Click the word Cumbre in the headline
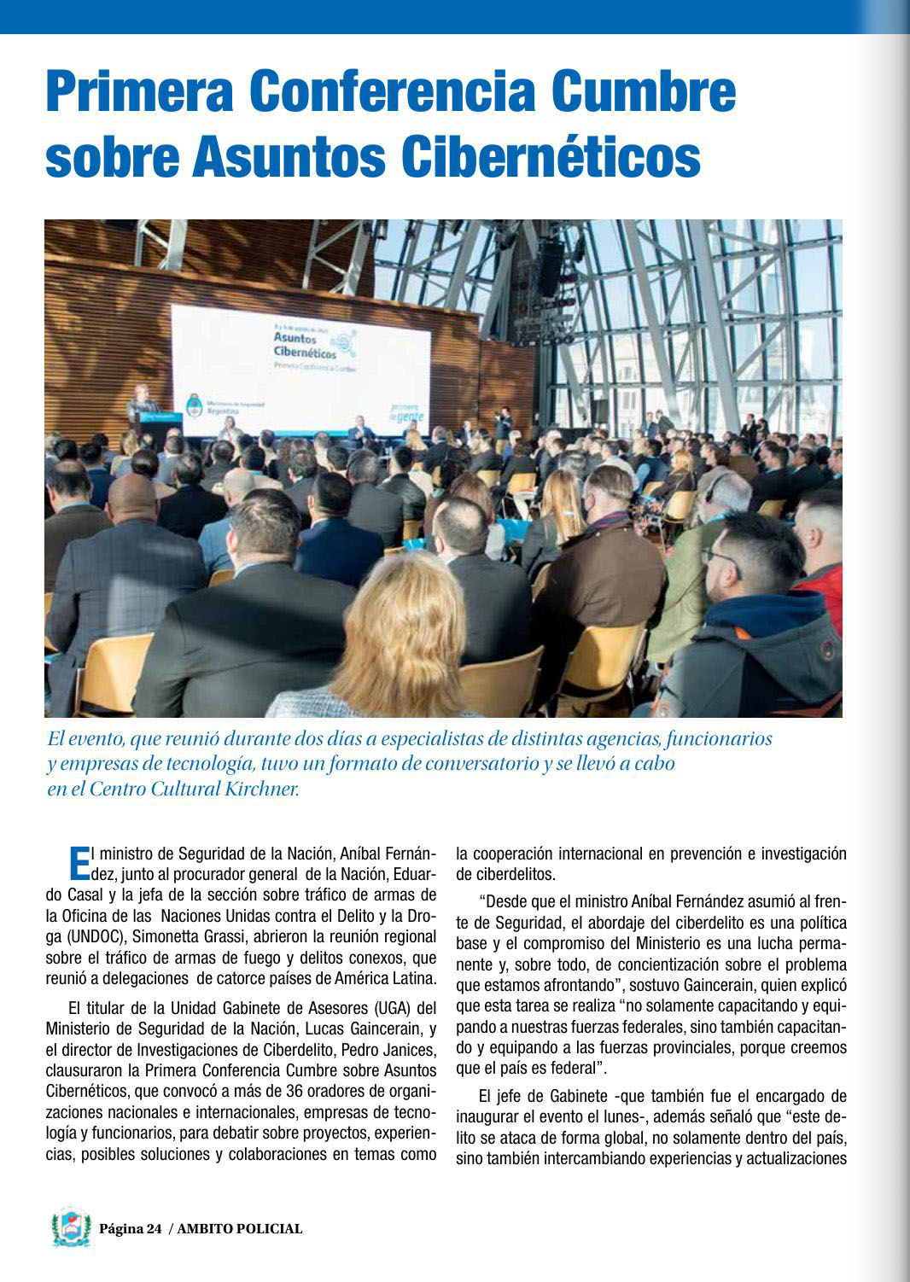click(x=644, y=91)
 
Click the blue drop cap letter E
click(x=79, y=862)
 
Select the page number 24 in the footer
click(x=154, y=1229)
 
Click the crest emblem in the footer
click(x=71, y=1227)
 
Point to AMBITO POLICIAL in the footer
click(x=240, y=1229)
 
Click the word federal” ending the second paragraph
click(x=578, y=1068)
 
